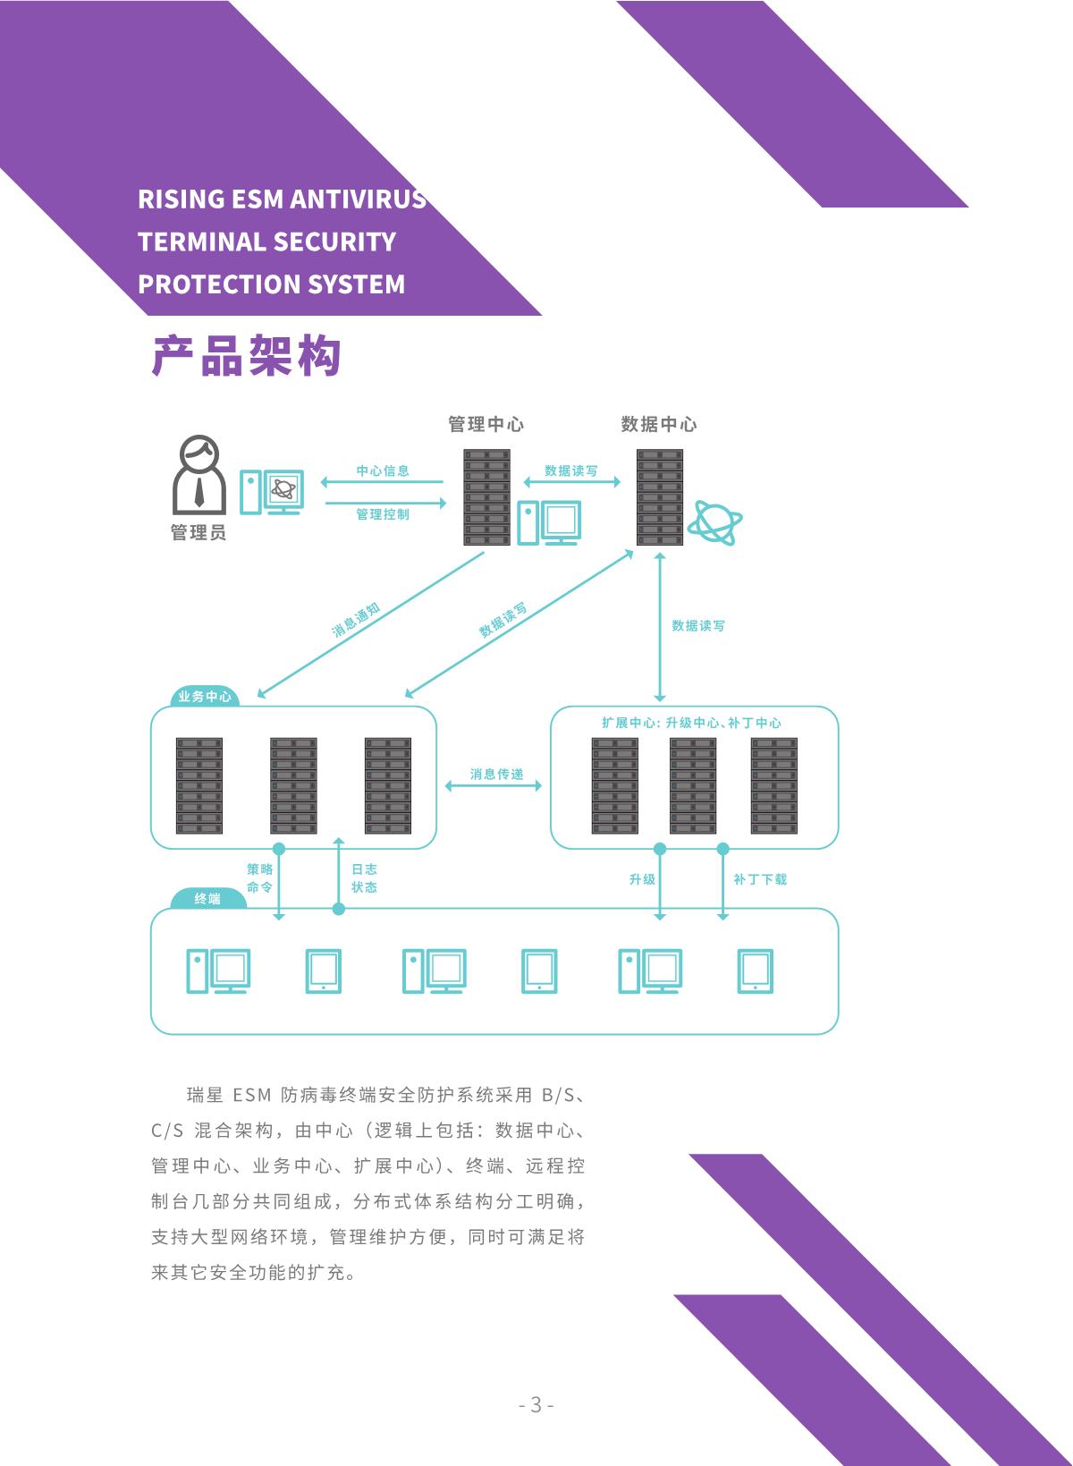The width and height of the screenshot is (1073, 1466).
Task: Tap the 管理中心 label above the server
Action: point(486,424)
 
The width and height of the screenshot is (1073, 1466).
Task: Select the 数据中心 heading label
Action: point(659,424)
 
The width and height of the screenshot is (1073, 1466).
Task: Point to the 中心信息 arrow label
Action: point(383,470)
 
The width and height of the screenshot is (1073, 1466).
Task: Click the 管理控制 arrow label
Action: point(383,514)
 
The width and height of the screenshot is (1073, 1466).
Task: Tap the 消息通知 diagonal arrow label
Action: point(356,620)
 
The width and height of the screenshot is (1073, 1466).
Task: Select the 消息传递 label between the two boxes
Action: point(496,774)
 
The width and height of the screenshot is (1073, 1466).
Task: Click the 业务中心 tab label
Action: point(205,696)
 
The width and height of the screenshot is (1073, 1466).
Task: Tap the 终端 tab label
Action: point(207,898)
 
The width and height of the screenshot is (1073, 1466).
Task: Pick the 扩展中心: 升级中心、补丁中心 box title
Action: point(691,723)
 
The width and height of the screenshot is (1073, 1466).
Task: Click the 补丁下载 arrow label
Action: point(760,879)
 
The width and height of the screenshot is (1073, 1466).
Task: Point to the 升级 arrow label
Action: point(642,879)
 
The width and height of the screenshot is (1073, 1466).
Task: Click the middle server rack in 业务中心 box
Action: point(293,785)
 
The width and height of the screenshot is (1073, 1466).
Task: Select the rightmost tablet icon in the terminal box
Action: point(756,970)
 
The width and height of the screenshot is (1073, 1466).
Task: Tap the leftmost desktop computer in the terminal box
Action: point(218,970)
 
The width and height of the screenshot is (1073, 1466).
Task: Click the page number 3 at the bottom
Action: point(536,1404)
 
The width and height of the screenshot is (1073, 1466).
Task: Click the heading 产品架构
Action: point(247,357)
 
